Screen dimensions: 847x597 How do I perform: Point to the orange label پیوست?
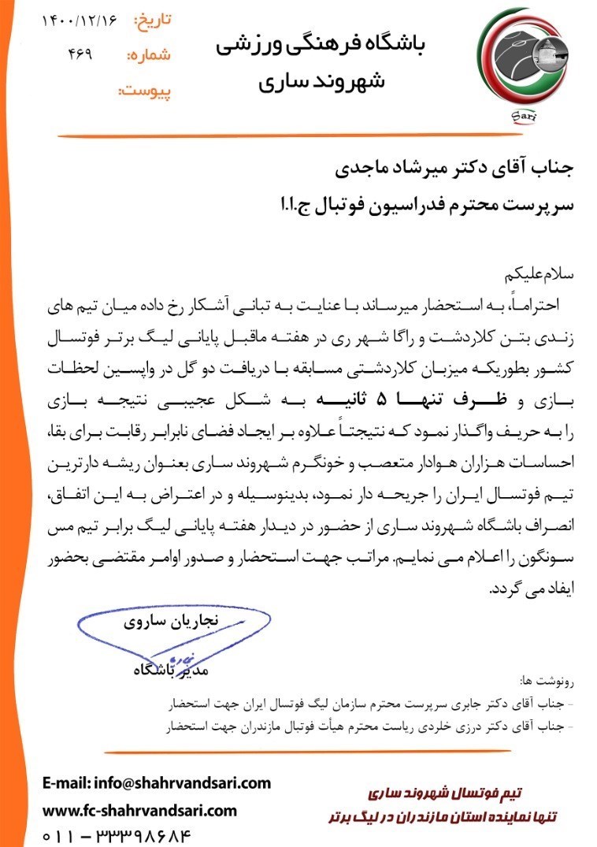coord(144,91)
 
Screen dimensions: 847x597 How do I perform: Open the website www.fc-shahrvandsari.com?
coord(139,810)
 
